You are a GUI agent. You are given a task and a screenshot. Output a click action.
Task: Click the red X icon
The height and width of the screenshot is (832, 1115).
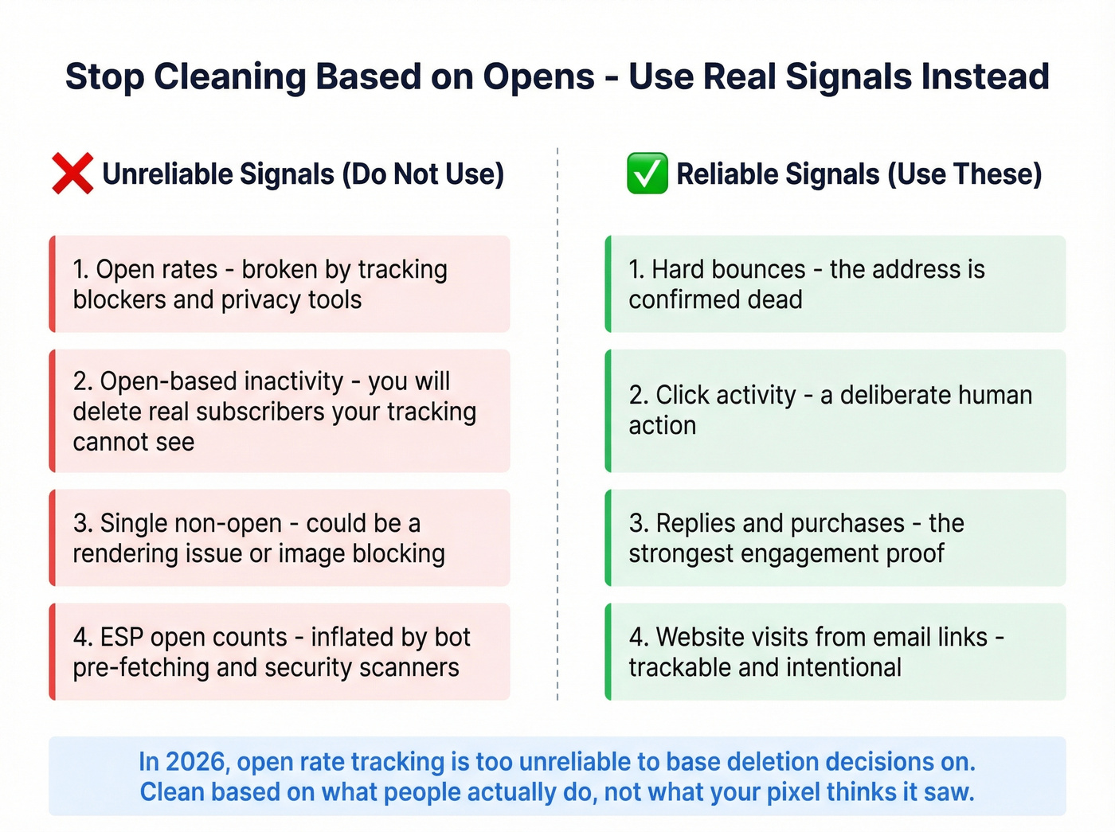coord(72,174)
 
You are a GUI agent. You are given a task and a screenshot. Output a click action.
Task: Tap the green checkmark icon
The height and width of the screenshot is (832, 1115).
coord(647,174)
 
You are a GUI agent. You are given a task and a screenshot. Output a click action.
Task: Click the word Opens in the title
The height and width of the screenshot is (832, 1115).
coord(538,77)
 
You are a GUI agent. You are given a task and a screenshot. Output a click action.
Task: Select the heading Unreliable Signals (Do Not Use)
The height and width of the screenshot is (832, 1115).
coord(303,174)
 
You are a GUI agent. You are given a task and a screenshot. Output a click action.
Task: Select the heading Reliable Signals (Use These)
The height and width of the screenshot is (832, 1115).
coord(859,174)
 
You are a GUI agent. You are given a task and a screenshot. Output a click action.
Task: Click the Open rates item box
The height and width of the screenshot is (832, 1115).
coord(280,284)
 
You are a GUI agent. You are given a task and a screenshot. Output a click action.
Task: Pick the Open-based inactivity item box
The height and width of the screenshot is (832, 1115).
coord(280,411)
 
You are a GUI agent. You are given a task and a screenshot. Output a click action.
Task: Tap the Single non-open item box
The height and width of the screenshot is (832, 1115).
coord(280,538)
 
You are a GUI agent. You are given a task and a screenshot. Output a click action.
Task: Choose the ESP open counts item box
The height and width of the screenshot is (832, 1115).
coord(280,652)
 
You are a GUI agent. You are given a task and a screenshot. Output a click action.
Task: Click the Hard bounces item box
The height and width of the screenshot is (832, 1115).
coord(835,284)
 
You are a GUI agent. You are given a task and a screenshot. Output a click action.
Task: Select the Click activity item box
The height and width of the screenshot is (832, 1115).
coord(835,411)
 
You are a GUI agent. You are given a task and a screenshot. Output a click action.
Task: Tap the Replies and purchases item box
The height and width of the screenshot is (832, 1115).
coord(835,538)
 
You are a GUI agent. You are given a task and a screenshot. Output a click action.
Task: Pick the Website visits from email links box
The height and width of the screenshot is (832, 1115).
coord(835,652)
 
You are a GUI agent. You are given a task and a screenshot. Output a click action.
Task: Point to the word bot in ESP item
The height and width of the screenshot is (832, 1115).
coord(452,637)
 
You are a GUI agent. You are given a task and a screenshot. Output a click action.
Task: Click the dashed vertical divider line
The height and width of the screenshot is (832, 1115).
coord(557,422)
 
